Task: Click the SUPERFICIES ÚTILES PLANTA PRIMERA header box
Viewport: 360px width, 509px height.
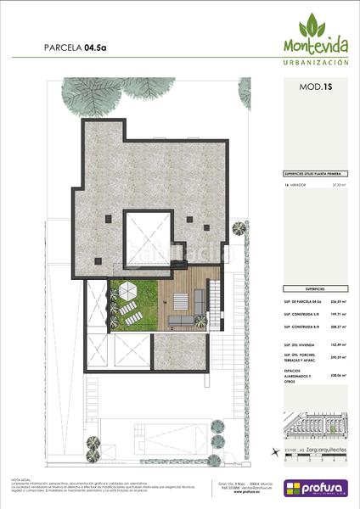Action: coord(315,172)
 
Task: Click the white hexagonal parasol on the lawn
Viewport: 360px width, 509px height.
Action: coord(129,291)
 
